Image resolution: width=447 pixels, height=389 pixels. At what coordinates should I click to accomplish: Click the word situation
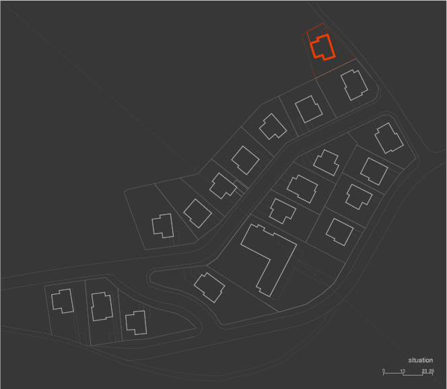click(x=421, y=360)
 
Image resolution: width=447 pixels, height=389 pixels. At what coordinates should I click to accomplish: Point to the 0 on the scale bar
click(x=384, y=370)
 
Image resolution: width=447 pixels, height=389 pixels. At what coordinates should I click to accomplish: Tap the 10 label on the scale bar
click(x=403, y=371)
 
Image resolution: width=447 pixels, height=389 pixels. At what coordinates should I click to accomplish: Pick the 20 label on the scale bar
click(x=424, y=371)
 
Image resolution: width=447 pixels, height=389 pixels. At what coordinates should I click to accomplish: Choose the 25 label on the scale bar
click(x=432, y=371)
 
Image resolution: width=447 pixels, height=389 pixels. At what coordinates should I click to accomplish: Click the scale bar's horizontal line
click(x=408, y=374)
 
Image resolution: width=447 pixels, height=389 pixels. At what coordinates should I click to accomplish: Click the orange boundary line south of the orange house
click(x=335, y=69)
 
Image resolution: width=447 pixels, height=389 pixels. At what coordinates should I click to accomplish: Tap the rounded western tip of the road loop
click(x=148, y=277)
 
